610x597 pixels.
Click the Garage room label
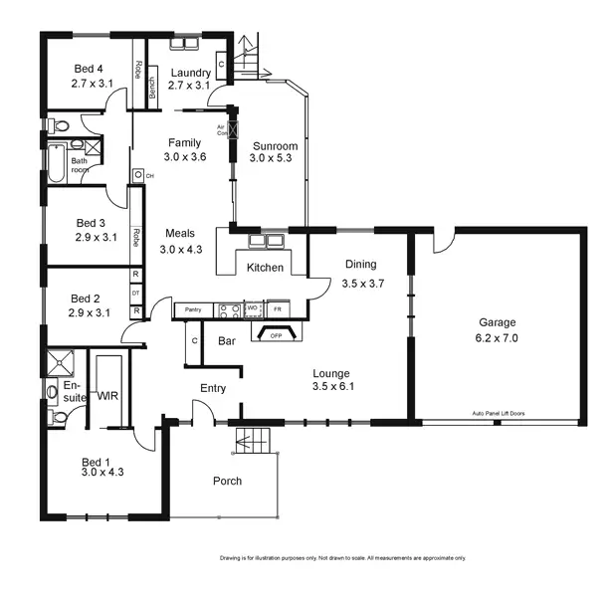coord(499,322)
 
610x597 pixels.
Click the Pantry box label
coord(193,310)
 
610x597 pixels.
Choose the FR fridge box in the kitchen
coord(278,309)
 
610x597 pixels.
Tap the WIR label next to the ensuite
coord(107,396)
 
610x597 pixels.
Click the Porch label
coord(228,482)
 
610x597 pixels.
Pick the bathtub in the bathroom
coord(55,164)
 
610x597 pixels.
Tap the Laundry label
coord(189,73)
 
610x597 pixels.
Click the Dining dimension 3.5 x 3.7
coord(362,284)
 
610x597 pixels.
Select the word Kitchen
coord(265,268)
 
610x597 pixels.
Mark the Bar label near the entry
coord(226,341)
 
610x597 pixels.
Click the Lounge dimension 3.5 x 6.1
coord(333,386)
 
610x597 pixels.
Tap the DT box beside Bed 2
coord(135,293)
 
